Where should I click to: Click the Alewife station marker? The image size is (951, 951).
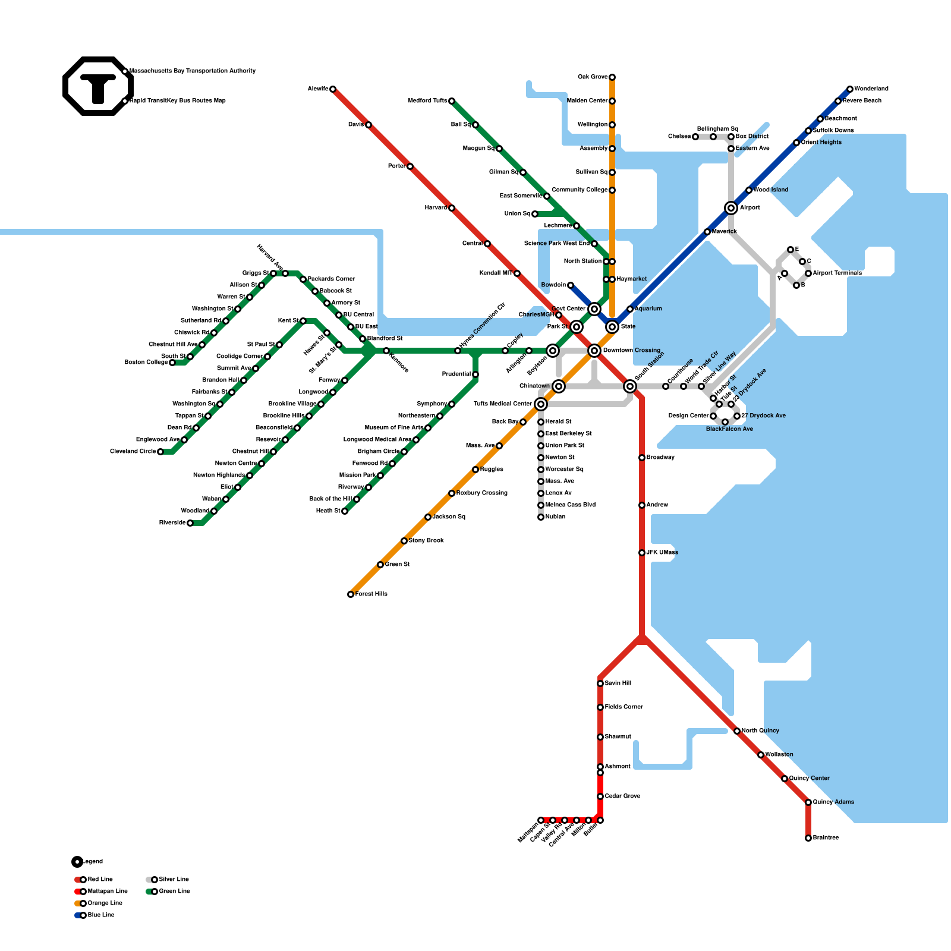(x=333, y=89)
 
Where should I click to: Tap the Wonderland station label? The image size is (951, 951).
(x=871, y=89)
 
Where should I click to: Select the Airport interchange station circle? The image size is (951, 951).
(x=731, y=208)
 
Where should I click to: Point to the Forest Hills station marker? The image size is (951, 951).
(x=351, y=594)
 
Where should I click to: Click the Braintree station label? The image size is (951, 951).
(x=826, y=838)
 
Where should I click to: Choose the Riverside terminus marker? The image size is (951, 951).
(x=190, y=523)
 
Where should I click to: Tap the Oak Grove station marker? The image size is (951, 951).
(x=612, y=77)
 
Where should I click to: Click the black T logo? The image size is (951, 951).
(x=98, y=87)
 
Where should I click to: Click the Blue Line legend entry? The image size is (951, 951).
(x=100, y=915)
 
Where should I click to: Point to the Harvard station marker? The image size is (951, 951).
(x=452, y=208)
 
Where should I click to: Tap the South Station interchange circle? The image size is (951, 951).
(x=630, y=386)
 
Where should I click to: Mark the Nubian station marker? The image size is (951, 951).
(x=541, y=517)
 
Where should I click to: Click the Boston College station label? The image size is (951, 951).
(x=146, y=363)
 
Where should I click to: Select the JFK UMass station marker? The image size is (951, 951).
(x=642, y=553)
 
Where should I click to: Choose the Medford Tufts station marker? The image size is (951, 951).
(x=452, y=101)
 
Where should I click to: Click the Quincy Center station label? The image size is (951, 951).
(x=809, y=779)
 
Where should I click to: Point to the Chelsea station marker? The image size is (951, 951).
(x=695, y=137)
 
